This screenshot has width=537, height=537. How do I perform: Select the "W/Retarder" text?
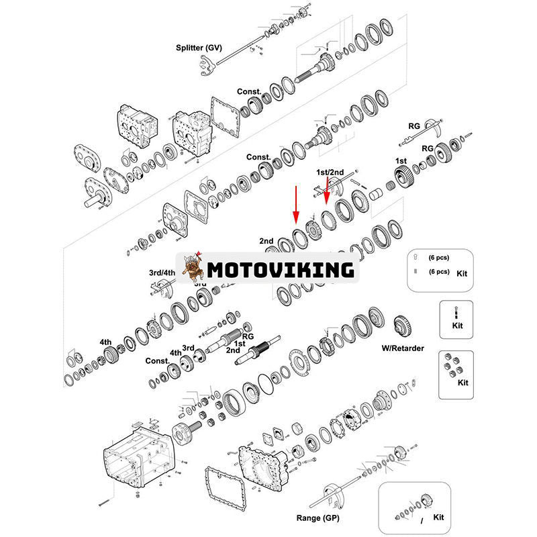[403, 348]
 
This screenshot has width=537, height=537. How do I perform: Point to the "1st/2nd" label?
[330, 173]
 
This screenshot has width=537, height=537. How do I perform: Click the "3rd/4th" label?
[162, 273]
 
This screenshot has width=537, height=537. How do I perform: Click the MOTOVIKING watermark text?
[280, 270]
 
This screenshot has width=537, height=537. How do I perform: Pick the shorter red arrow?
[327, 191]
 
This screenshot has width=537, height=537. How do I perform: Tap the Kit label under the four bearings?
[462, 383]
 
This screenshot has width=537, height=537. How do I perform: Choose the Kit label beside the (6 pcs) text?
[461, 274]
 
